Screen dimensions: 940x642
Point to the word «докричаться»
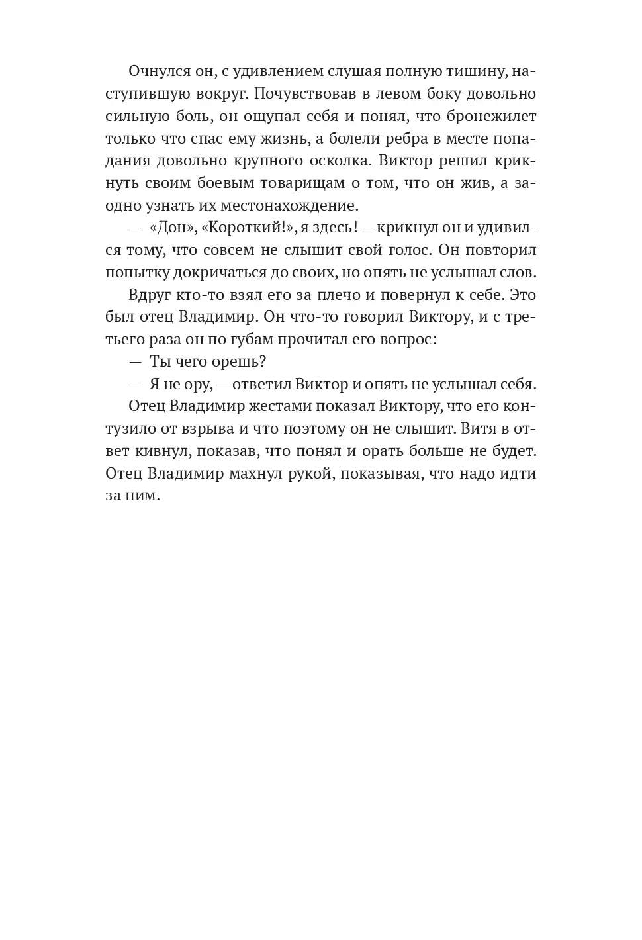click(234, 273)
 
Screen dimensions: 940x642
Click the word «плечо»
click(332, 295)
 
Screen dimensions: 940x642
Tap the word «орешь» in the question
click(238, 363)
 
